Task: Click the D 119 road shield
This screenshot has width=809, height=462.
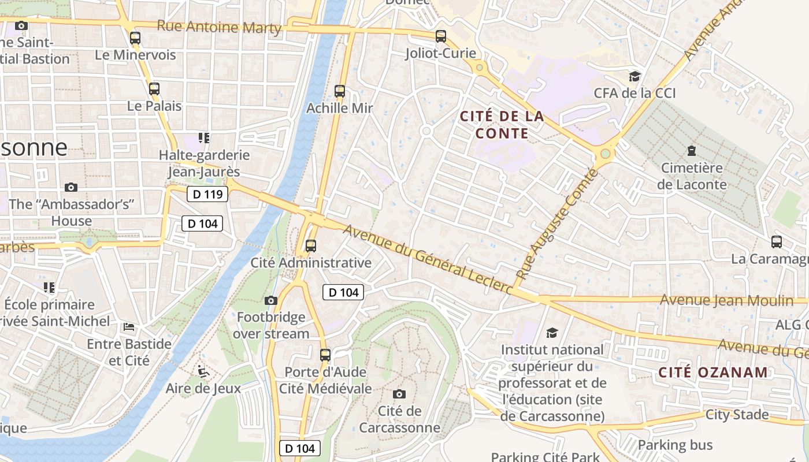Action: click(207, 194)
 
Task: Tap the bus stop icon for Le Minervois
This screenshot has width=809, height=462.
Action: click(135, 38)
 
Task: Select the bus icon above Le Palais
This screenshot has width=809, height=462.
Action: click(154, 89)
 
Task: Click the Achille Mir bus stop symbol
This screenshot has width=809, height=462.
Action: click(340, 91)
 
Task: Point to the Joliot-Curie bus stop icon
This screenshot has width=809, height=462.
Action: click(441, 36)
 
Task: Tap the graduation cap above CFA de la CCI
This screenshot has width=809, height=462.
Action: click(634, 76)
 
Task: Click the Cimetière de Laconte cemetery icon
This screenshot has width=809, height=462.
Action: click(691, 151)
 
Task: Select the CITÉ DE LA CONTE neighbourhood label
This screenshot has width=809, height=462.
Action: click(502, 125)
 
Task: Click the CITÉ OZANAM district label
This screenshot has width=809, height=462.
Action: click(713, 372)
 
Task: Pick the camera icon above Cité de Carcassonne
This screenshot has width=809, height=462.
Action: click(399, 394)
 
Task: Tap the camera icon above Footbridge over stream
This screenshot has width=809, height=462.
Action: click(270, 300)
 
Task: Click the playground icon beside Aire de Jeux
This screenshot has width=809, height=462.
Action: click(203, 371)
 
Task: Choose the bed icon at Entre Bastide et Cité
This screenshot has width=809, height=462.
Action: click(129, 327)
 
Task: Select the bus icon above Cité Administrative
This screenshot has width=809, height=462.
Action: click(311, 246)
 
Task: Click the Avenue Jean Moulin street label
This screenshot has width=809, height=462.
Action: click(726, 300)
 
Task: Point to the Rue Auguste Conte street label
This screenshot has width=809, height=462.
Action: click(556, 225)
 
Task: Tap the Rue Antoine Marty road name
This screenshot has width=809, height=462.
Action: click(219, 27)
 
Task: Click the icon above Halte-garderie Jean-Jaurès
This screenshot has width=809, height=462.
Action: click(203, 138)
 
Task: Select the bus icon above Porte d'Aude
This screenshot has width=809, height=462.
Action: click(325, 355)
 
